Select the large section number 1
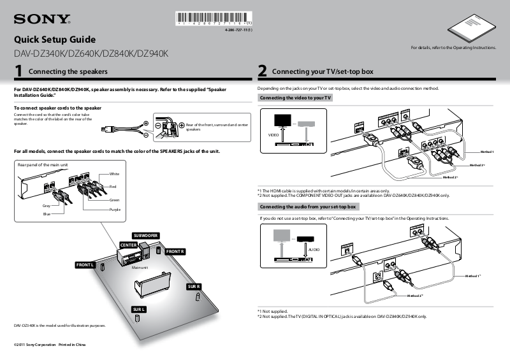click(x=19, y=71)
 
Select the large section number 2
click(x=262, y=71)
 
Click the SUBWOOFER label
click(x=145, y=236)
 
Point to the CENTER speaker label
click(x=128, y=245)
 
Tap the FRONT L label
click(x=85, y=264)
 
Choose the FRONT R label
click(x=175, y=252)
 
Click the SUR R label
click(x=194, y=287)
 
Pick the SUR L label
click(x=139, y=309)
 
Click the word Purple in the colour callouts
click(x=115, y=210)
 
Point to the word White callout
click(x=114, y=174)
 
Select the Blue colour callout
click(x=47, y=214)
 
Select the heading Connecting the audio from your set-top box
click(x=309, y=207)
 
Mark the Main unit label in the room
click(x=140, y=268)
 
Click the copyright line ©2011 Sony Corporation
click(x=49, y=345)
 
